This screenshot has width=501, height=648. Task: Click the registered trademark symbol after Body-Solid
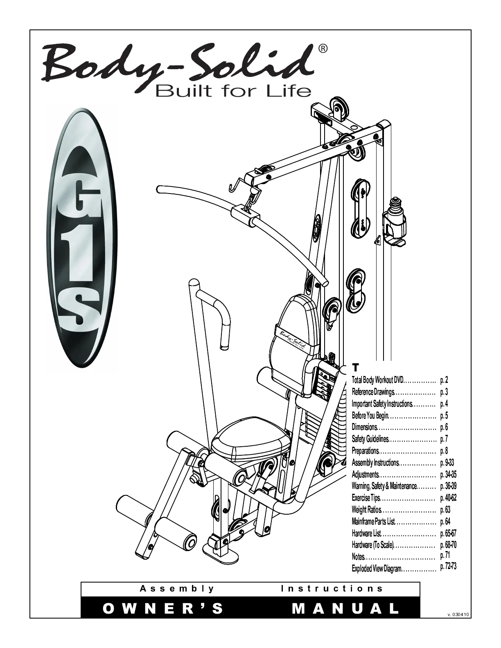[323, 49]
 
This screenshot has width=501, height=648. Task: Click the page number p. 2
[444, 380]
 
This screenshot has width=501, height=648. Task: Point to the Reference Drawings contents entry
[372, 392]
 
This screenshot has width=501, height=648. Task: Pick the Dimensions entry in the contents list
[364, 427]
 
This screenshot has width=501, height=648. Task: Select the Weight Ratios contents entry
[367, 510]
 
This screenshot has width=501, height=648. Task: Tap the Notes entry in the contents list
[358, 557]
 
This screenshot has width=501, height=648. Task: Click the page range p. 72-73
[448, 567]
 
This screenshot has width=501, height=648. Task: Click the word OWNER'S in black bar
[163, 609]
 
